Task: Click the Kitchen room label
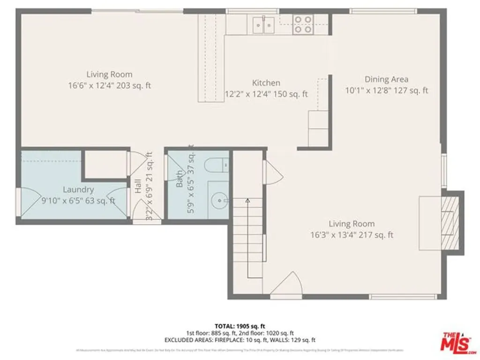point(266,83)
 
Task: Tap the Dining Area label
point(386,79)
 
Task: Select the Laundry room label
point(78,190)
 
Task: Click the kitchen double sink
point(263,24)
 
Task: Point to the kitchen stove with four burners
point(303,24)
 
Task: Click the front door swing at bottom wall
point(287,285)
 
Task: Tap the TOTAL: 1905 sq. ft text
point(240,326)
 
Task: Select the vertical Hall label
point(138,187)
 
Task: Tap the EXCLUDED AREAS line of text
point(240,340)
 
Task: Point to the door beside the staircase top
point(272,172)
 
